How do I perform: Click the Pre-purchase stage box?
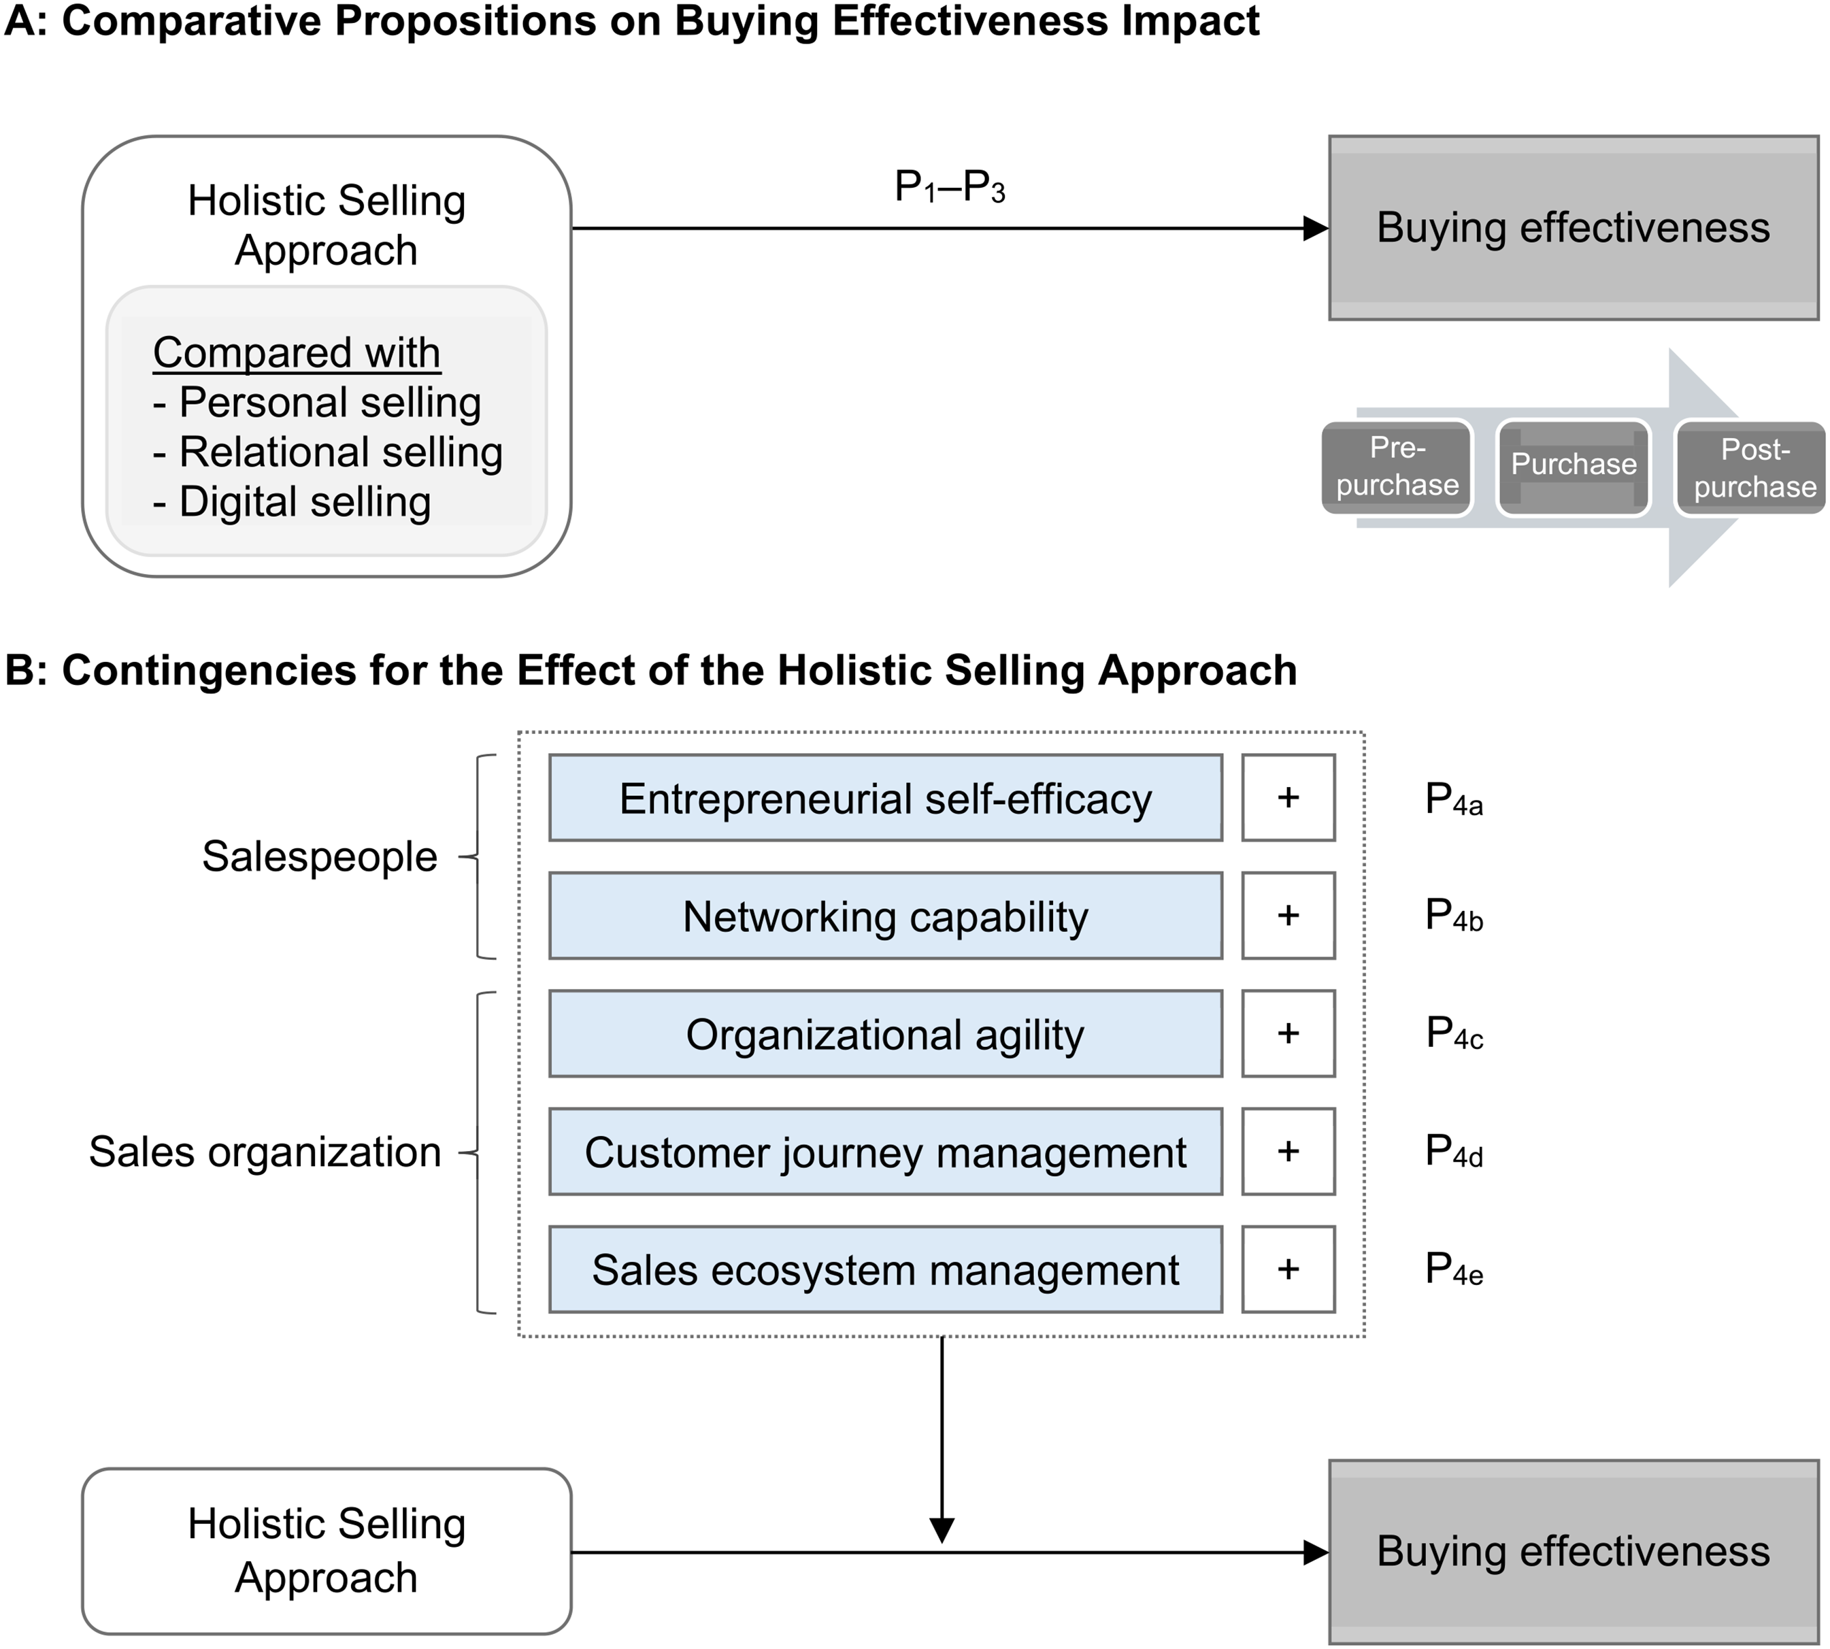tap(1397, 467)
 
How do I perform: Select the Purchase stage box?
tap(1574, 467)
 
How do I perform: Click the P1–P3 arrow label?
tap(950, 188)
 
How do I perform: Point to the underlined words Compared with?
tap(296, 352)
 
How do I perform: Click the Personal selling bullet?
tap(317, 402)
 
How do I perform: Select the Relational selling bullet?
tap(327, 452)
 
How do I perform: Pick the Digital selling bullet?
tap(292, 502)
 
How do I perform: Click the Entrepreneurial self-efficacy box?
tap(885, 798)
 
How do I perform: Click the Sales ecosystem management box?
tap(885, 1269)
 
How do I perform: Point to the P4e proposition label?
tap(1454, 1269)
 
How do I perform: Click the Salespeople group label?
tap(320, 856)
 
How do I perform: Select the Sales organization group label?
tap(265, 1152)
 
